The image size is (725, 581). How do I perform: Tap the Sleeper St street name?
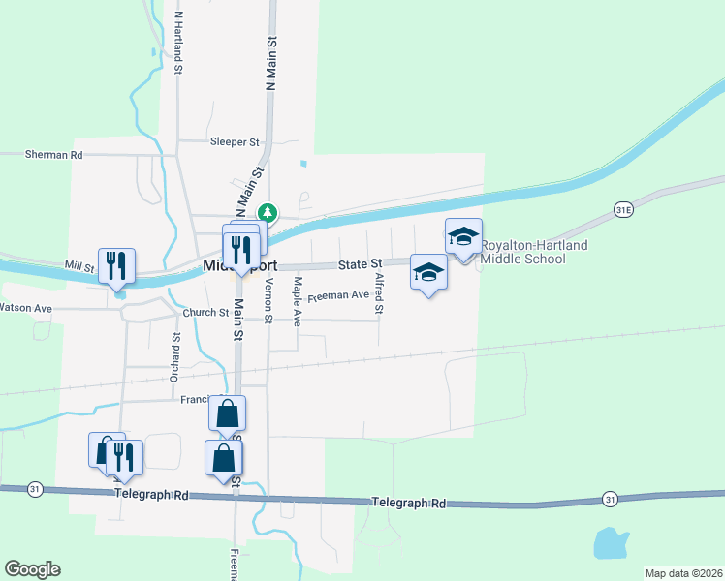[236, 141]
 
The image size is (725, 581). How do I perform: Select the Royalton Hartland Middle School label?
[535, 253]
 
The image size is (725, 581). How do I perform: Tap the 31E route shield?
[623, 209]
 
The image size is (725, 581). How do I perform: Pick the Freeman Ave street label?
[338, 294]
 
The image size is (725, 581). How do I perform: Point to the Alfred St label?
[380, 294]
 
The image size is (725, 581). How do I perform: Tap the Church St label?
[205, 313]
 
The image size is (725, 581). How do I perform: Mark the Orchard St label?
[176, 357]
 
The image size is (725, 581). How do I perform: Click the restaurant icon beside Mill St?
[116, 265]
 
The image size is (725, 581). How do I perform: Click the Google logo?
[32, 569]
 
